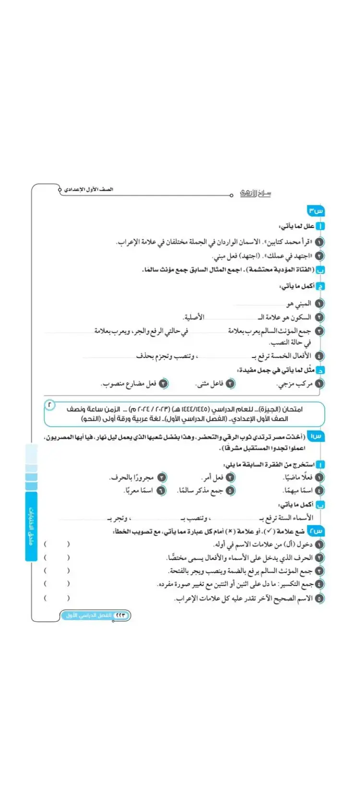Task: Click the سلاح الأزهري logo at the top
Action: (x=255, y=193)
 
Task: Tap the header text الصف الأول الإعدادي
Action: (x=89, y=190)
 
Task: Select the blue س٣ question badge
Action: (x=316, y=211)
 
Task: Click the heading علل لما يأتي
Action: (x=297, y=226)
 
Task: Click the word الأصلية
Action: (x=193, y=317)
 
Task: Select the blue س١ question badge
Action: (x=316, y=436)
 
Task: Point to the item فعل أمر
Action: (x=212, y=478)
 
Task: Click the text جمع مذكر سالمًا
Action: (x=201, y=490)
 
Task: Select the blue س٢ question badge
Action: (x=316, y=531)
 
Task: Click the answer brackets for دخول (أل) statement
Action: (x=56, y=544)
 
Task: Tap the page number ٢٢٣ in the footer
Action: (x=120, y=615)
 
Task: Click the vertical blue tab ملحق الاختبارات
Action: (x=31, y=526)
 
